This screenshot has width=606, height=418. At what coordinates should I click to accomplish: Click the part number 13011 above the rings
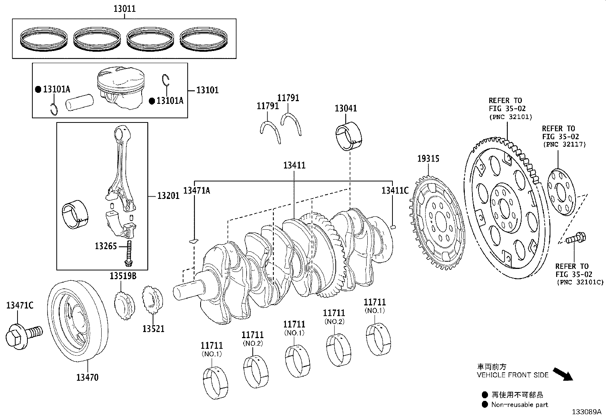pos(124,9)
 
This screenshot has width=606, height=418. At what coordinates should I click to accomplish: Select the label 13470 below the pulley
pos(87,377)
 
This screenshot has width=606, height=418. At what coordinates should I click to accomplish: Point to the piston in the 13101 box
pos(121,88)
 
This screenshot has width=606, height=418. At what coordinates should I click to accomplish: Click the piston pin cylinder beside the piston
pos(80,102)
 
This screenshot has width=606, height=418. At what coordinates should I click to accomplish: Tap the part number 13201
pos(168,196)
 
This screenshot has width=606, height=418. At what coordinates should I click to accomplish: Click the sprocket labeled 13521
pos(153,299)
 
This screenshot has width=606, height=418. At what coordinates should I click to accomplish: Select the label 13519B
pos(123,276)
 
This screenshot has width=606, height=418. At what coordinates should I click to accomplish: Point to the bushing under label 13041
pos(349,136)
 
